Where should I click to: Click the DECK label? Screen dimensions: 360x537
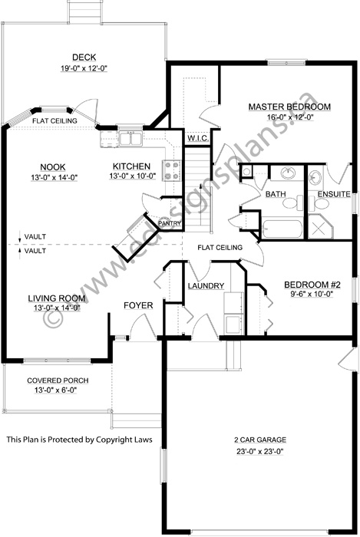point(84,58)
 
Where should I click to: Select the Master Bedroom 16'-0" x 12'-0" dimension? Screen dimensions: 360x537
point(290,117)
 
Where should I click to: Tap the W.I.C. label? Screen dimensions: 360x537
point(197,138)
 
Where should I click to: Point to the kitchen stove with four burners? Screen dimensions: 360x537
point(171,170)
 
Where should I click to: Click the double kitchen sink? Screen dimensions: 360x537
point(130,138)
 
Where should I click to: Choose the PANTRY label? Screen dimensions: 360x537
point(170,223)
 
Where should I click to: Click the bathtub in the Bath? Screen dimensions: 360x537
point(282,229)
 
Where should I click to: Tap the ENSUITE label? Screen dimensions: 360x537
point(334,194)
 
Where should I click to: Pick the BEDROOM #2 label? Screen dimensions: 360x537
point(312,285)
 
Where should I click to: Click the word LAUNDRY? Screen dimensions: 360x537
point(206,286)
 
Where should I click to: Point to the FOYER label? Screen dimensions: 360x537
point(138,305)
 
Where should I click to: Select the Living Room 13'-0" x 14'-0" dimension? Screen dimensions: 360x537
point(57,308)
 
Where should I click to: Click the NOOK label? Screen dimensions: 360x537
point(53,167)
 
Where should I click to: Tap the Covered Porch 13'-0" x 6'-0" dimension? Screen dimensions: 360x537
point(55,390)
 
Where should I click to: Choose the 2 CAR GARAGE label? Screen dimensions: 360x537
point(260,440)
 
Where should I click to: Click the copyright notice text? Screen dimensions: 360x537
point(80,440)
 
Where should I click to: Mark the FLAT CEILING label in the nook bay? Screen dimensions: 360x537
point(54,121)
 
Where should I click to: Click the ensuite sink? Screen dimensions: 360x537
point(315,177)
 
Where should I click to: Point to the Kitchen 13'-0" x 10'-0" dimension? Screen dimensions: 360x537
point(133,176)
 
